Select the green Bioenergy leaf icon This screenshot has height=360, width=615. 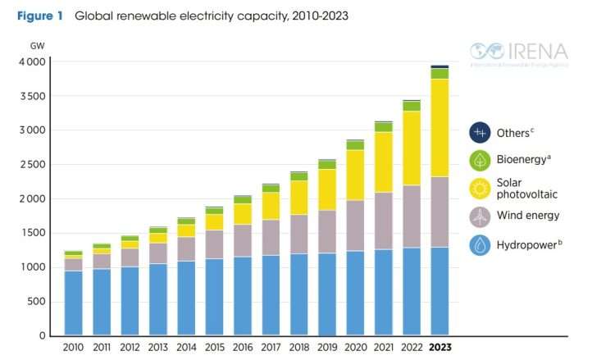click(x=479, y=160)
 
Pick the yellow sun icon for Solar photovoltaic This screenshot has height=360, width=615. click(x=479, y=188)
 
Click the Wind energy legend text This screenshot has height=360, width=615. click(x=528, y=216)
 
